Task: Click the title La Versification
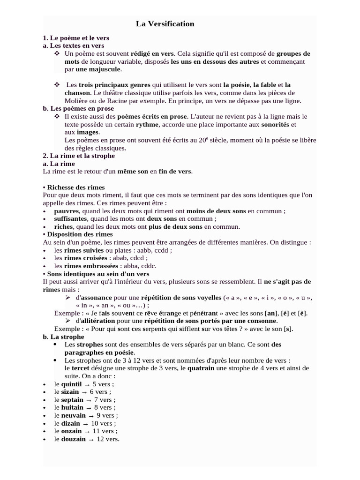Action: click(165, 24)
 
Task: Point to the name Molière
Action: click(76, 101)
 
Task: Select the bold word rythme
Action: click(147, 125)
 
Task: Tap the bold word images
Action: click(88, 132)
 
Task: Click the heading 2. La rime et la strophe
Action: click(79, 156)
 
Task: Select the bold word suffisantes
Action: click(71, 219)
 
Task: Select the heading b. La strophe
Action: click(63, 337)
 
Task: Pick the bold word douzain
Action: click(73, 439)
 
